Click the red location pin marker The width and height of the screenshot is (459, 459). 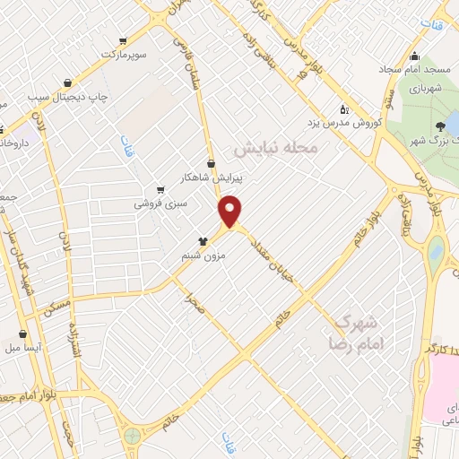click(230, 211)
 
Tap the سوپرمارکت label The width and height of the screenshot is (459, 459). click(123, 55)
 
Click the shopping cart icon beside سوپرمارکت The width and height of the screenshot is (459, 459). click(123, 40)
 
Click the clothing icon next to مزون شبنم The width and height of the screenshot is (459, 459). click(204, 241)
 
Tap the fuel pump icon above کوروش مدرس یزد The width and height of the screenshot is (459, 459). click(346, 108)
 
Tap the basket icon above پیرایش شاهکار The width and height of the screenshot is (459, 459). click(211, 163)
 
